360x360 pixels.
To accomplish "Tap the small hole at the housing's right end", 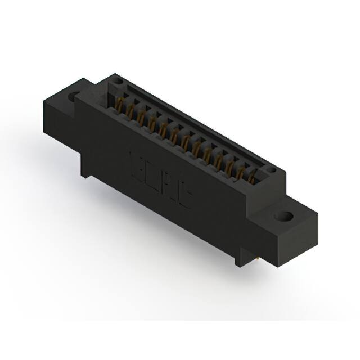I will [271, 168].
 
